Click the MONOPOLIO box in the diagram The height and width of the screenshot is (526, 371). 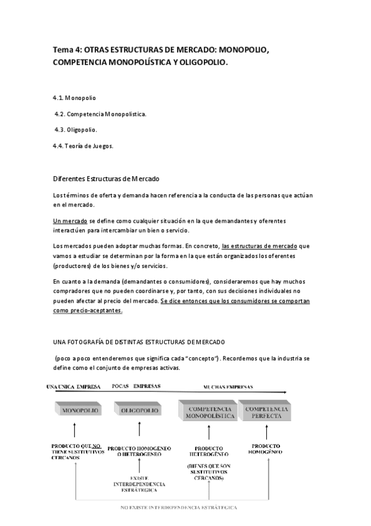coord(74,411)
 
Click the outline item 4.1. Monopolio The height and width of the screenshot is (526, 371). coord(75,98)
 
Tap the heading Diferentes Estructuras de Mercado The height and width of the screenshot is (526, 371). coord(106,179)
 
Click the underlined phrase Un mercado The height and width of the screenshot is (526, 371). coord(71,221)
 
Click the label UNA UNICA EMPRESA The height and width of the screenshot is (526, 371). coord(74,387)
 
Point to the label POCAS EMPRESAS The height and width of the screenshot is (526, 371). coord(136,386)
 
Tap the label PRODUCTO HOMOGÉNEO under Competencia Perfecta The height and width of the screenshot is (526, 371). coord(266,449)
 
